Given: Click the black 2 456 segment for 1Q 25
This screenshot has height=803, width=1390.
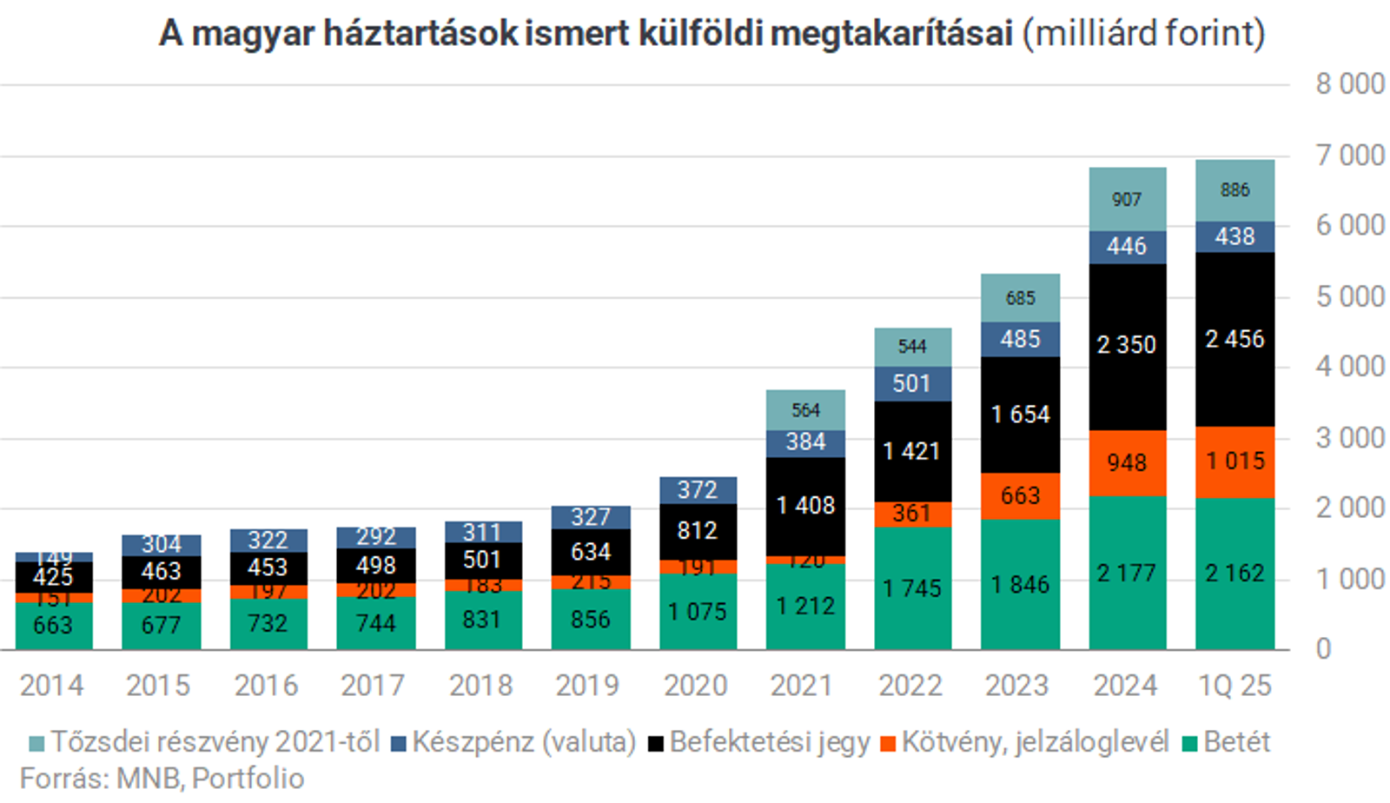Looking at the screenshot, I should (x=1234, y=339).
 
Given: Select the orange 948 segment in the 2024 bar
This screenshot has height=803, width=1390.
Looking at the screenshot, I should (x=1127, y=462).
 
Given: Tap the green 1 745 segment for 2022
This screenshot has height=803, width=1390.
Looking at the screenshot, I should (x=912, y=588).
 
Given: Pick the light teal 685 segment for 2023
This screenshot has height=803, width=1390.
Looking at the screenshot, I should (x=1020, y=298).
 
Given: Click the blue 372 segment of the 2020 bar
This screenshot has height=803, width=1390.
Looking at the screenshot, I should (x=698, y=490).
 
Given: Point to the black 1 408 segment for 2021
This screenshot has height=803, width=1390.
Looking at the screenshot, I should (x=805, y=506).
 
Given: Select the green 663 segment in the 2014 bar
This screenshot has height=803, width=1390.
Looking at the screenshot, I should (x=53, y=626).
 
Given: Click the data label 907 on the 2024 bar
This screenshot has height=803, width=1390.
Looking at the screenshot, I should (x=1127, y=200).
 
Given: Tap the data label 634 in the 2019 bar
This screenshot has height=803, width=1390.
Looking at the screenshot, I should (x=591, y=552).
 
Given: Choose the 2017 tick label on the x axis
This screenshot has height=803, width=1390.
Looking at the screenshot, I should (x=373, y=686).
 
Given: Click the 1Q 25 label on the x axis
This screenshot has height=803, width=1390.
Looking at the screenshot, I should (x=1234, y=686).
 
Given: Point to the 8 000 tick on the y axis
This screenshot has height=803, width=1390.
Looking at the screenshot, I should (x=1349, y=84).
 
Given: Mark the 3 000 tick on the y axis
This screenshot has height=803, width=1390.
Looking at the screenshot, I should (x=1349, y=438).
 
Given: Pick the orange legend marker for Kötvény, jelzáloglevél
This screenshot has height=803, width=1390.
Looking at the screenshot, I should (x=888, y=744).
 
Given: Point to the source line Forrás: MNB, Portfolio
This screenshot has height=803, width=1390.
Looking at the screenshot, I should (x=162, y=779).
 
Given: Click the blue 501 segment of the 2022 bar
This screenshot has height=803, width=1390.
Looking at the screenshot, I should (x=912, y=383).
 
